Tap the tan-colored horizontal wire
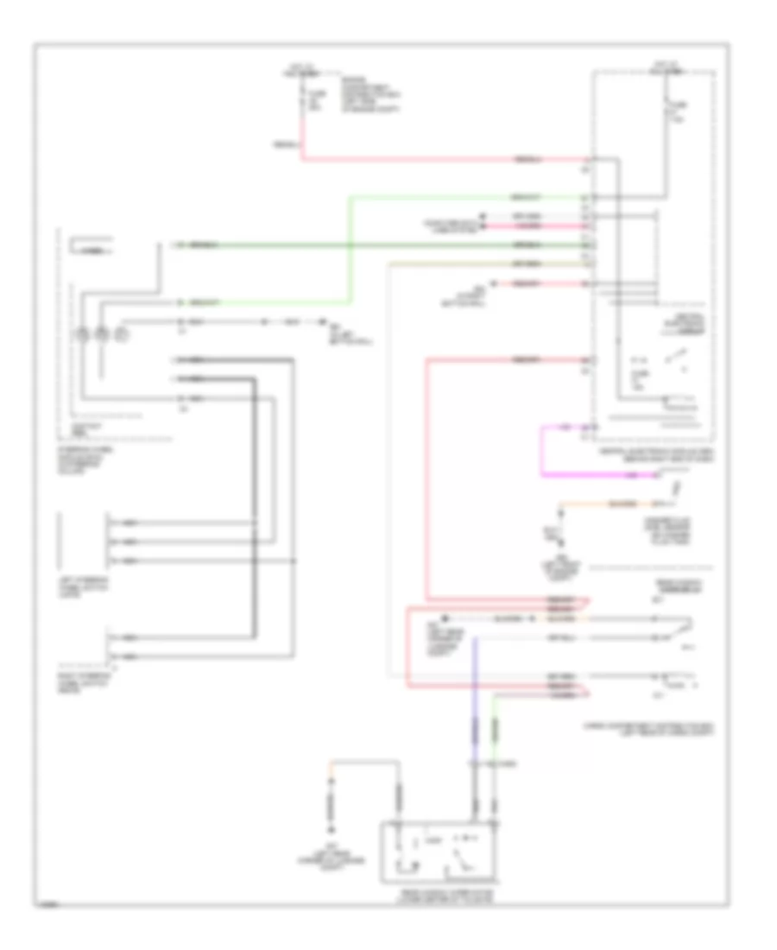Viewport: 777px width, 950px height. pyautogui.click(x=483, y=263)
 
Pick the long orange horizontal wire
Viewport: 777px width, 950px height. pyautogui.click(x=604, y=502)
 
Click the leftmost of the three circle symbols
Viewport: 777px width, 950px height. pyautogui.click(x=85, y=332)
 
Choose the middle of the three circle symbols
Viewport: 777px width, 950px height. pyautogui.click(x=103, y=332)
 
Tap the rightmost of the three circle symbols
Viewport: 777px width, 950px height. pyautogui.click(x=122, y=332)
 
